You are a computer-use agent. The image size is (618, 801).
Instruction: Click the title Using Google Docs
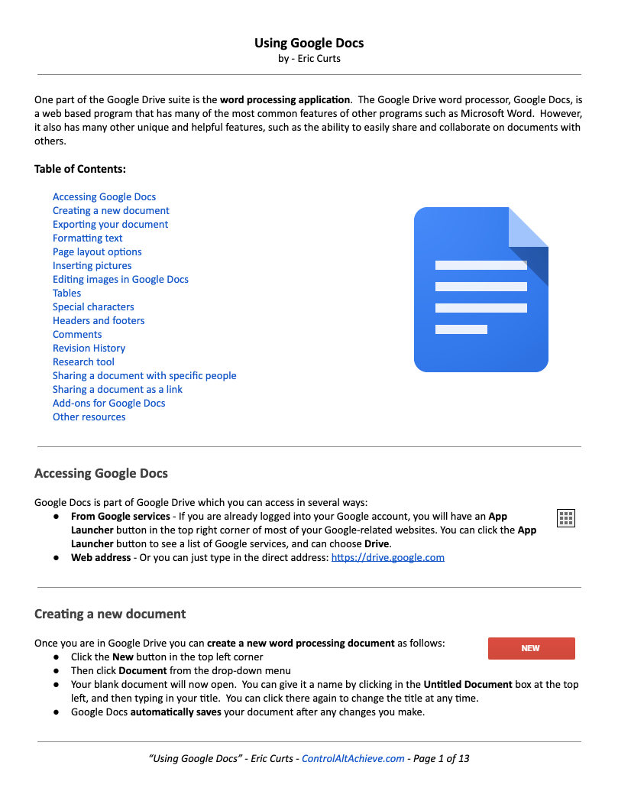click(x=309, y=43)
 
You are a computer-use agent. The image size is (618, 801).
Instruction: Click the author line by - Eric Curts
click(x=309, y=58)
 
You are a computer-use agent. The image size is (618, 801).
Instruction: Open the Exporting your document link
click(x=110, y=225)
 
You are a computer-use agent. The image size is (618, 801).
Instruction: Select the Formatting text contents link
click(x=87, y=238)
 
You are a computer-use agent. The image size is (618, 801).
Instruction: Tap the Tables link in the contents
click(x=66, y=293)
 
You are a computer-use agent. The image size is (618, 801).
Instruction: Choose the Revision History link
click(x=89, y=349)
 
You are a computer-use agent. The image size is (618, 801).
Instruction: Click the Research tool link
click(x=83, y=362)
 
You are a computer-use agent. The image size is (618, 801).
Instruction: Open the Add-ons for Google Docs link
click(x=108, y=404)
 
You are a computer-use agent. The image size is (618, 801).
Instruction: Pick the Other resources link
click(x=89, y=417)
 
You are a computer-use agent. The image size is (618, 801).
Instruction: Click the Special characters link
click(x=93, y=307)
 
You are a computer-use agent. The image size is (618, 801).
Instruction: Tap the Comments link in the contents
click(x=77, y=335)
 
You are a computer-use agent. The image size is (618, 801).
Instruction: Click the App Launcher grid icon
click(x=566, y=519)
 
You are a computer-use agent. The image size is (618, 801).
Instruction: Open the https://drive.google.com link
click(x=387, y=558)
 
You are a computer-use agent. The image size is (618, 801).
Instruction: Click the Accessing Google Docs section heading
click(x=101, y=474)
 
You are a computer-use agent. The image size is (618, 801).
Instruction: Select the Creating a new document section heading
click(x=110, y=615)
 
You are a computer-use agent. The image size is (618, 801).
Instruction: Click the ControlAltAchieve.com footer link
click(x=353, y=759)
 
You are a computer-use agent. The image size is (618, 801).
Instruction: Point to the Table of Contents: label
click(x=80, y=170)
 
